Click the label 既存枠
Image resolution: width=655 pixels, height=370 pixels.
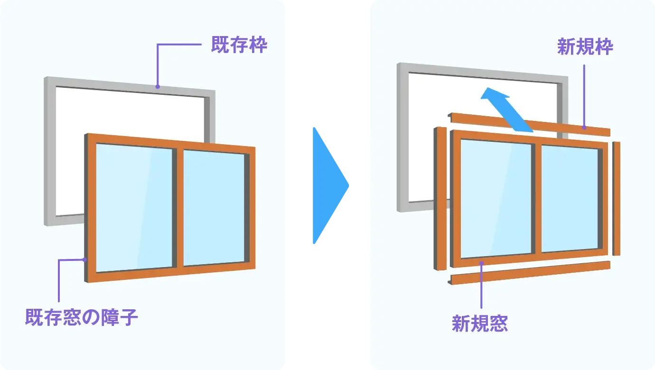tap(239, 45)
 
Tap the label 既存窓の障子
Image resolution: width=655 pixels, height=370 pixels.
tap(81, 317)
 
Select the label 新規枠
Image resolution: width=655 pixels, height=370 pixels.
tap(585, 46)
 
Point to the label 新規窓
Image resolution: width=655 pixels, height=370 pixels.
tap(480, 323)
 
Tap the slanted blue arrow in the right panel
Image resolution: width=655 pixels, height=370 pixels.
tap(506, 109)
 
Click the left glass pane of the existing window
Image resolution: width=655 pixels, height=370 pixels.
tap(134, 207)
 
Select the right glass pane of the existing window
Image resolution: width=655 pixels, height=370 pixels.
tap(214, 208)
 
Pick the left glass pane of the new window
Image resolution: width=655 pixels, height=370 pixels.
tap(496, 199)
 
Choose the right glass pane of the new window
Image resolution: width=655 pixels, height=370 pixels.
tap(569, 198)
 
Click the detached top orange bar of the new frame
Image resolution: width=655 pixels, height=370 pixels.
tap(529, 124)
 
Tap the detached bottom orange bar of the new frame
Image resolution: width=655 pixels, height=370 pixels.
tap(529, 273)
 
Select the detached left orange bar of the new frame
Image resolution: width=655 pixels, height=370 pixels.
tap(440, 198)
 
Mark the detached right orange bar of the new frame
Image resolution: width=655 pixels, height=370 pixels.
tap(616, 198)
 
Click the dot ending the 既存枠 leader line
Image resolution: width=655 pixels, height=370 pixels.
tap(158, 86)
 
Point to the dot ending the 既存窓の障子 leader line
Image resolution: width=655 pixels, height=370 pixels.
tap(85, 259)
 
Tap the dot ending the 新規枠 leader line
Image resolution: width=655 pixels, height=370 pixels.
tap(584, 128)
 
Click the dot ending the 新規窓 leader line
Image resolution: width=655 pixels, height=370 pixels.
tap(481, 263)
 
